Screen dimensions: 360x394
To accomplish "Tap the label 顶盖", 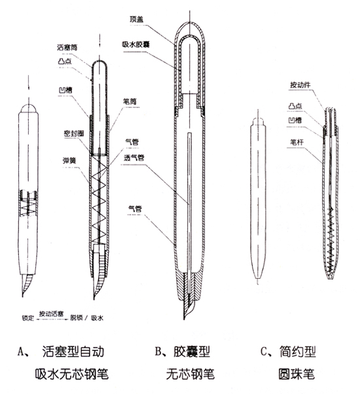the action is tap(136, 19).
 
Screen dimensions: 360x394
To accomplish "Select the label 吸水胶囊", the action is tap(136, 45).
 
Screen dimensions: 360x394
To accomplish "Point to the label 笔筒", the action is tap(130, 101).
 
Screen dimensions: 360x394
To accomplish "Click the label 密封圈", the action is tap(74, 134).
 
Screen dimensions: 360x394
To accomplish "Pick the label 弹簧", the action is tap(69, 160).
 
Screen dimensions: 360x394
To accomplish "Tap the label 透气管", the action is tap(134, 158).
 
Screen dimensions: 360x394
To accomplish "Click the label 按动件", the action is tap(300, 84).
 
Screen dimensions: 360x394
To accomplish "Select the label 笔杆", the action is tap(297, 142).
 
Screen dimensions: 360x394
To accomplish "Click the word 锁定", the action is tap(27, 318).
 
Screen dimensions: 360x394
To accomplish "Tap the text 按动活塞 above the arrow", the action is tap(51, 314).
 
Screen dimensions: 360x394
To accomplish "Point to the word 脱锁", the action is tap(76, 317).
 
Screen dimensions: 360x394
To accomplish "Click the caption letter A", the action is tap(20, 352).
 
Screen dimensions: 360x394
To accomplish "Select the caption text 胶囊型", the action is tap(192, 351).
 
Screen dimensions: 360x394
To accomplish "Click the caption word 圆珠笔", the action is tap(297, 374).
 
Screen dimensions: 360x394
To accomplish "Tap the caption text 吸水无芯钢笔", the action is tap(71, 374).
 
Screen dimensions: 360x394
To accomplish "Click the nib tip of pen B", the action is tap(184, 319).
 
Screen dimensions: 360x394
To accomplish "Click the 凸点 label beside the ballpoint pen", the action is tap(295, 106).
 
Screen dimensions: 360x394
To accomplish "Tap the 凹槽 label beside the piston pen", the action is tap(65, 90).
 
